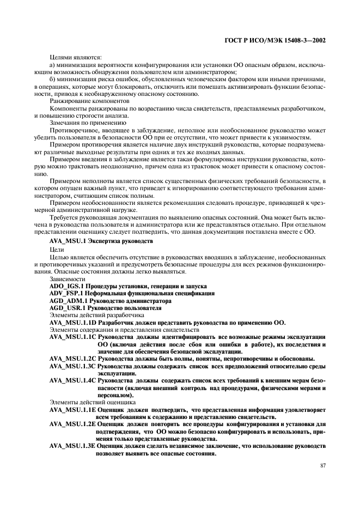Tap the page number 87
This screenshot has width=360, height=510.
coord(322,466)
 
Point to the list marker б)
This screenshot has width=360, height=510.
coord(52,80)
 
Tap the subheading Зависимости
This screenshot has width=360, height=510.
coord(68,278)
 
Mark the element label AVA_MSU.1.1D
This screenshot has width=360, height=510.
coord(72,322)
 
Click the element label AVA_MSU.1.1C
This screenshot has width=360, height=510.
coord(72,337)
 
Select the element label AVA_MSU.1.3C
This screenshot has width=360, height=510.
coord(72,367)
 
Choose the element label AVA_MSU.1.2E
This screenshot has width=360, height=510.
coord(72,424)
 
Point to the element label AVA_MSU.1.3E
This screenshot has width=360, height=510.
coord(72,445)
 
